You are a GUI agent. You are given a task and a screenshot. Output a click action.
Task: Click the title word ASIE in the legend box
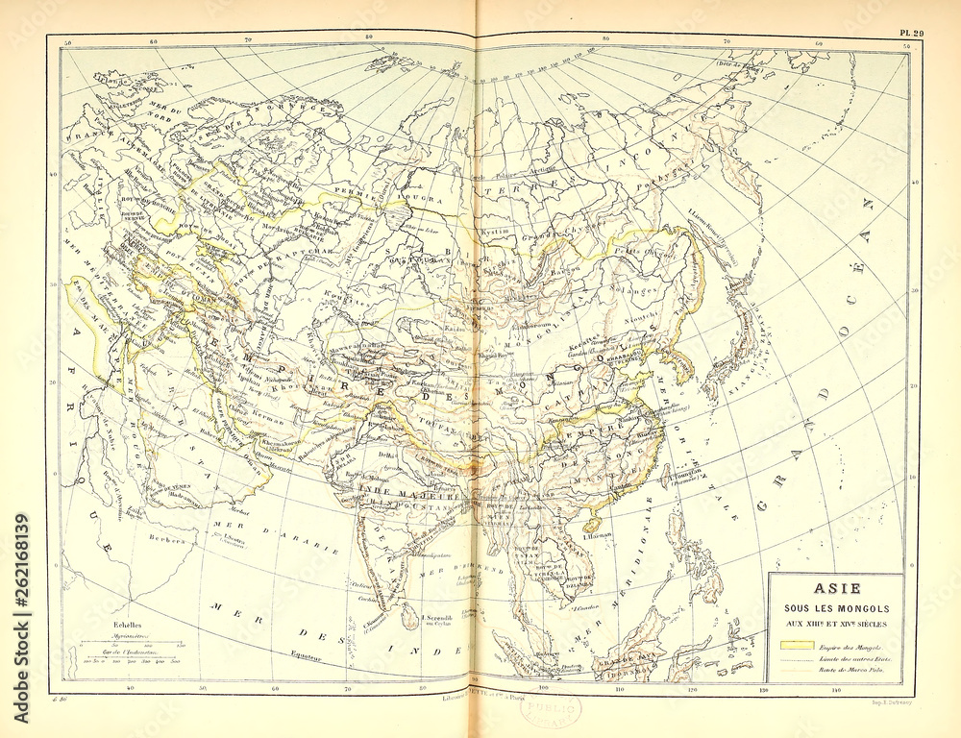[x=836, y=588]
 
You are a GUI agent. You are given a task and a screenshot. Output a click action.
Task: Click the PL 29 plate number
[x=911, y=33]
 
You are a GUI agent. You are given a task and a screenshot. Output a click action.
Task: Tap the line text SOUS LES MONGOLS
[x=836, y=608]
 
